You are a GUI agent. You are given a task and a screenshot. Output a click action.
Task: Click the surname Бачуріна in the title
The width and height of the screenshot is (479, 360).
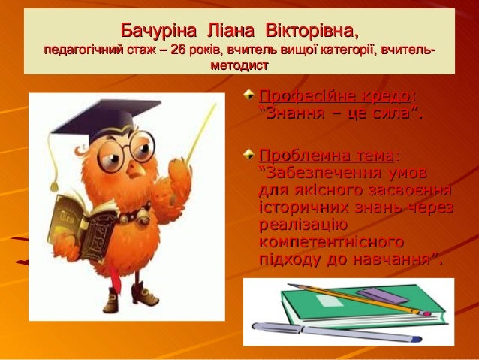(158, 31)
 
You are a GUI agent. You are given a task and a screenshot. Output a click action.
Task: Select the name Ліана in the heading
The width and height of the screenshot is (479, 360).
(230, 31)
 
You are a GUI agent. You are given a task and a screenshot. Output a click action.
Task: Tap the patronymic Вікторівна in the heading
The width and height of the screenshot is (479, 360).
(312, 31)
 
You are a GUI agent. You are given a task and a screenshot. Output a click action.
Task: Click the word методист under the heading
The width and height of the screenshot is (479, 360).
(239, 65)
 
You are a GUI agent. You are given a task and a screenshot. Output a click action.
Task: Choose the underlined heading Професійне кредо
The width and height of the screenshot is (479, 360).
(335, 97)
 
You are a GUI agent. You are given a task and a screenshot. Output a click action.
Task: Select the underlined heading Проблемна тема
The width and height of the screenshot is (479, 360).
(327, 156)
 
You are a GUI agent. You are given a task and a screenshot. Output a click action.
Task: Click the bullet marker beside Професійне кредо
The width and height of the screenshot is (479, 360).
(249, 95)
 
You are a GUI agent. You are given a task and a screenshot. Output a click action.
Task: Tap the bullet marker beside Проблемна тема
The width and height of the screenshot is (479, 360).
(249, 154)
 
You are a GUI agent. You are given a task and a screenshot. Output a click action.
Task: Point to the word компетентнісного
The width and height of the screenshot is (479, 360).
(331, 242)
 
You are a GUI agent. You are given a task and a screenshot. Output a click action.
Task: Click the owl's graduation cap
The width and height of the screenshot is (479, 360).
(106, 120)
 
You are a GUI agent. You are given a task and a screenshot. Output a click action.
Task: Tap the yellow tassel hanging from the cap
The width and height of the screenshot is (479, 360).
(53, 162)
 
